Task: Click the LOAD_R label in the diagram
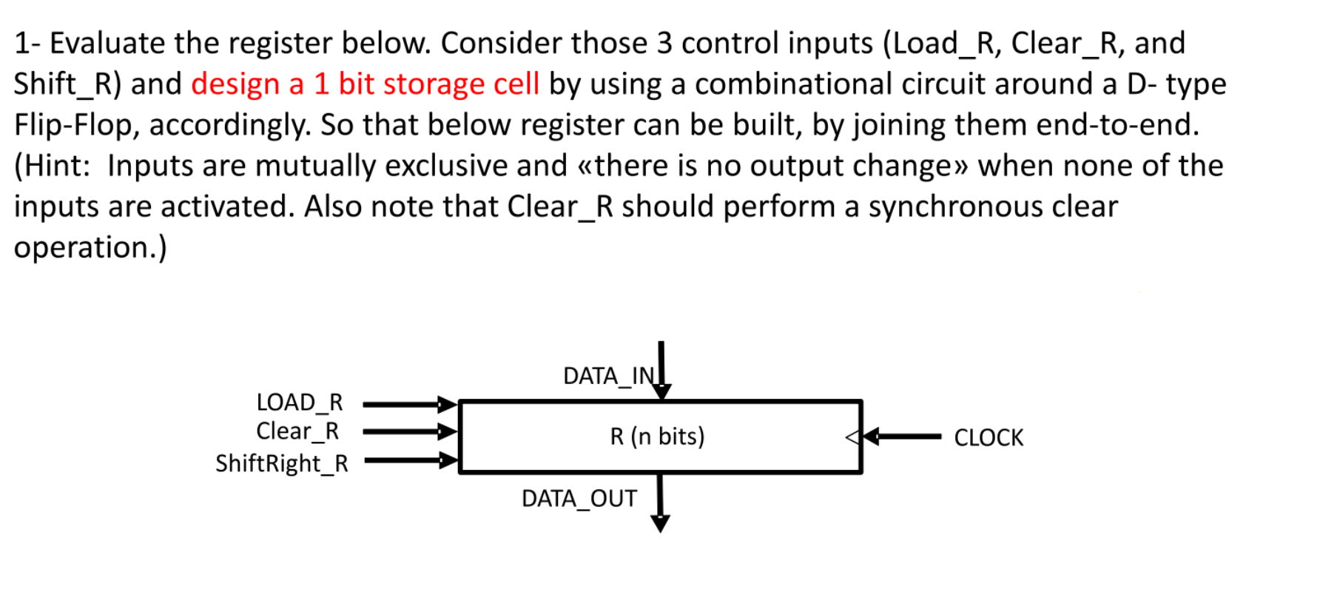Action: coord(300,402)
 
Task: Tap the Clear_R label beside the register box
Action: coord(297,431)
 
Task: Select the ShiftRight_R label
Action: coord(281,463)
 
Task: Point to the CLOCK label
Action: coord(988,437)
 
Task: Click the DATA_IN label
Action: coord(608,376)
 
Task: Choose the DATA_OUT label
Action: coord(579,499)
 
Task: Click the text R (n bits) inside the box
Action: coord(657,437)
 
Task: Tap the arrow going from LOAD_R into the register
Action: coord(409,404)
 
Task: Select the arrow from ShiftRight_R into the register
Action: coord(409,460)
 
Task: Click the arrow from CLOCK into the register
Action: coord(903,437)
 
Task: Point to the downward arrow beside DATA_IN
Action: coord(661,370)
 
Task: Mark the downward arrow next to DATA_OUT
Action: coord(660,503)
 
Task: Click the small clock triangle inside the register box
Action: coord(852,437)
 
